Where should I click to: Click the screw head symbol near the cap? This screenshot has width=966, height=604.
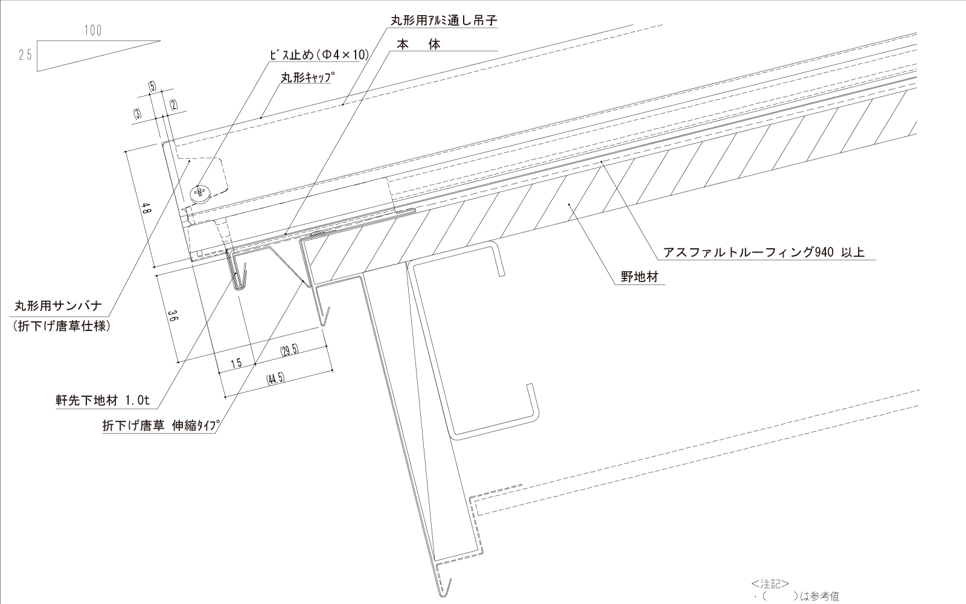(x=200, y=193)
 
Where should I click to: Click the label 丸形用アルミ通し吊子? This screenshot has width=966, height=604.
(x=443, y=20)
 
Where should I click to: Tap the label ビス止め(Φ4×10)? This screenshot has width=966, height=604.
(x=318, y=55)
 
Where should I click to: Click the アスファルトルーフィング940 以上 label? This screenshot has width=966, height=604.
(x=764, y=252)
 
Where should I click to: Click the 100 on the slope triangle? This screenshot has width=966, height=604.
(x=93, y=31)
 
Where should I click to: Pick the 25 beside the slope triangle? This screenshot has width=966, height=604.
(x=25, y=55)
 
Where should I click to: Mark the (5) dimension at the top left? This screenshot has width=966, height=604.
(x=152, y=86)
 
